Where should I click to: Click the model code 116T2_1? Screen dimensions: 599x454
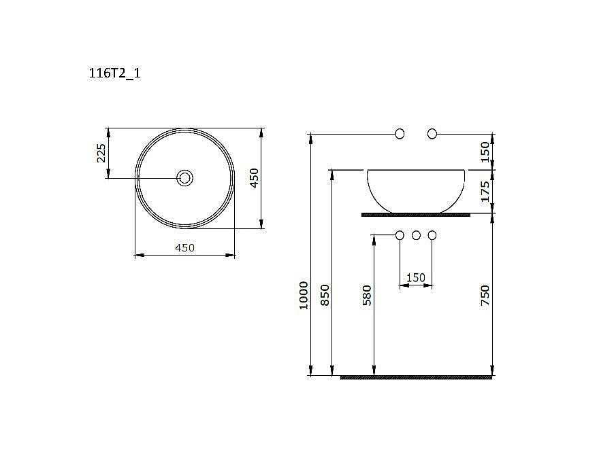pyautogui.click(x=114, y=73)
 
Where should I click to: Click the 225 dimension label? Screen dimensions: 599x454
pyautogui.click(x=101, y=153)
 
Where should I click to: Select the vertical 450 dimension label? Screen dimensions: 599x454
pyautogui.click(x=254, y=178)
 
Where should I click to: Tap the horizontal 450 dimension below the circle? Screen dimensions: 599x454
pyautogui.click(x=184, y=248)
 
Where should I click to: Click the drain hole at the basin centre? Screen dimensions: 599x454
pyautogui.click(x=185, y=178)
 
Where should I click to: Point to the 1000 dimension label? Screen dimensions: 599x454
pyautogui.click(x=304, y=295)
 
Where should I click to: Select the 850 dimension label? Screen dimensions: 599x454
pyautogui.click(x=325, y=295)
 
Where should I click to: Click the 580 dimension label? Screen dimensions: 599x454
pyautogui.click(x=367, y=295)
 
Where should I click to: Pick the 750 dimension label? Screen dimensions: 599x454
pyautogui.click(x=485, y=295)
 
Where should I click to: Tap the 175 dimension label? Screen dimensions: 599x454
pyautogui.click(x=485, y=192)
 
